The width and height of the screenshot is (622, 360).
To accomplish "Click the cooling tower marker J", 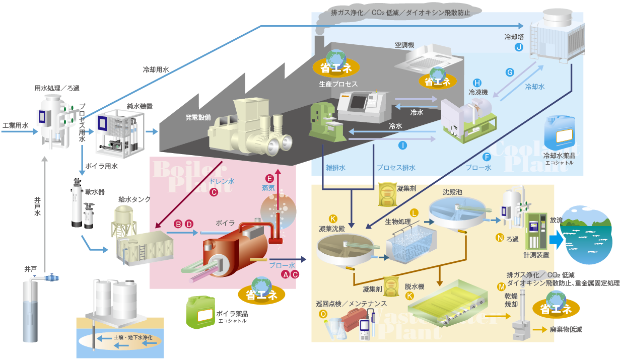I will (518, 47).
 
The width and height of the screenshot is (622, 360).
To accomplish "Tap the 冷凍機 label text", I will (478, 92).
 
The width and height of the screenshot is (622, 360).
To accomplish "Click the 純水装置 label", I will (140, 106).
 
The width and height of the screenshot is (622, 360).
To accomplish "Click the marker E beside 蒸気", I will (269, 178).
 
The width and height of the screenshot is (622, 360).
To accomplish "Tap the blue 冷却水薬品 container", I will (560, 132).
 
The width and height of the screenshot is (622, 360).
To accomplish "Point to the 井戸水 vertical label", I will (37, 206).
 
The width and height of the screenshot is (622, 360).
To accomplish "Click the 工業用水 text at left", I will (15, 125).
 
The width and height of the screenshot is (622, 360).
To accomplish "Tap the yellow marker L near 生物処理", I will (414, 212).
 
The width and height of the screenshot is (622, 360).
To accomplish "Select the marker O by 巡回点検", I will (323, 314).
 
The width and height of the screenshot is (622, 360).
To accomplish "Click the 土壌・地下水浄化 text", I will (133, 337).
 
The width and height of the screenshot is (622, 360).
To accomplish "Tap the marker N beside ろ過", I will (500, 237).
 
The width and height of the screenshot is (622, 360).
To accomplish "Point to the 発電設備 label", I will (197, 118).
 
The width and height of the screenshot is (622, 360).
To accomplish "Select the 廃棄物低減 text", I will (566, 330).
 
